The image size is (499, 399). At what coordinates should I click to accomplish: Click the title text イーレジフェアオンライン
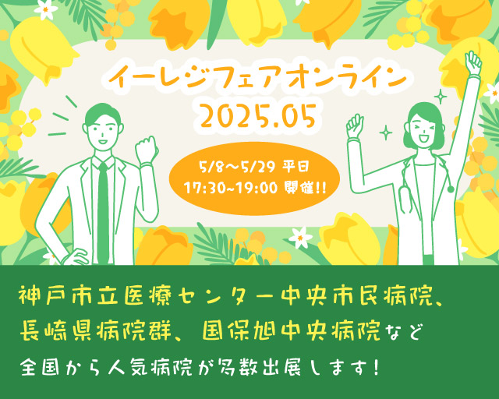(x=257, y=78)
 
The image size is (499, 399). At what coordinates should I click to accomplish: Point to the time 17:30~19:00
(x=231, y=189)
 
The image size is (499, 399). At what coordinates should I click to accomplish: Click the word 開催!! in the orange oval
(x=305, y=189)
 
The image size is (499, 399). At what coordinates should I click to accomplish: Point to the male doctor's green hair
(x=103, y=114)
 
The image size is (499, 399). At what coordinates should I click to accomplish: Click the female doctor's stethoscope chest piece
(x=451, y=189)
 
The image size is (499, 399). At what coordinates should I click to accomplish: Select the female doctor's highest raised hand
(x=473, y=63)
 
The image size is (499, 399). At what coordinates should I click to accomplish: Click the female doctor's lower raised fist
(x=355, y=125)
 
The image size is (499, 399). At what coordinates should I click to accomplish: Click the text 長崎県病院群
(x=96, y=331)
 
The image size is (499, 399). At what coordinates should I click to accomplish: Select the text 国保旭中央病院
(x=291, y=331)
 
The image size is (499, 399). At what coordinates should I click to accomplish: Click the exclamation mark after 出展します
(x=376, y=368)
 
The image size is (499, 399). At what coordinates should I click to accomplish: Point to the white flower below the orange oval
(x=300, y=238)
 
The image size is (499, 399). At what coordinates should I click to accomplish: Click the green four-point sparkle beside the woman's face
(x=386, y=132)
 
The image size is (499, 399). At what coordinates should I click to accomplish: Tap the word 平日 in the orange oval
(x=296, y=167)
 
